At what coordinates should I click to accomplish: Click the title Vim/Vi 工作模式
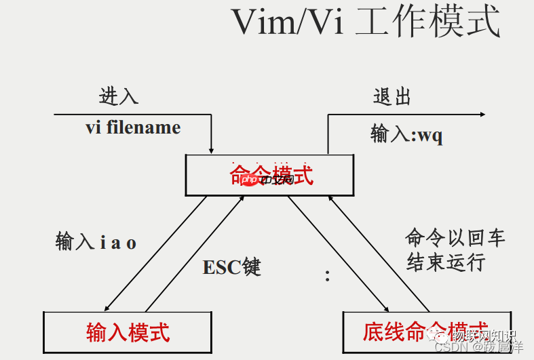click(366, 22)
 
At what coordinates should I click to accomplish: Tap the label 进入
click(119, 96)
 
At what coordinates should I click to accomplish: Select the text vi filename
click(133, 127)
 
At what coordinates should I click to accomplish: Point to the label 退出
click(392, 96)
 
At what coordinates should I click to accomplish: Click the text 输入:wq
click(406, 134)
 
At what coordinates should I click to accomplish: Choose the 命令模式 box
click(269, 175)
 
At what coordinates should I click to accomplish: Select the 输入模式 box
click(128, 332)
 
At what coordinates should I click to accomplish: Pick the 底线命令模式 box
click(425, 332)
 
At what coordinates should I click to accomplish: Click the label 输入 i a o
click(96, 242)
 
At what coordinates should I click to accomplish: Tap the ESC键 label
click(231, 267)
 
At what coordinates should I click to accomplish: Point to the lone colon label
click(327, 275)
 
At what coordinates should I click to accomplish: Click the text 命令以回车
click(455, 238)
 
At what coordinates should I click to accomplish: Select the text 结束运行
click(446, 262)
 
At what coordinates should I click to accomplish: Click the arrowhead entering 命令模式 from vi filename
click(212, 150)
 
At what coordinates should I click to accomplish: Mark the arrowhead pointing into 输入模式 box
click(108, 307)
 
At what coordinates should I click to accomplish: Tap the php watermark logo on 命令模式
click(250, 180)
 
